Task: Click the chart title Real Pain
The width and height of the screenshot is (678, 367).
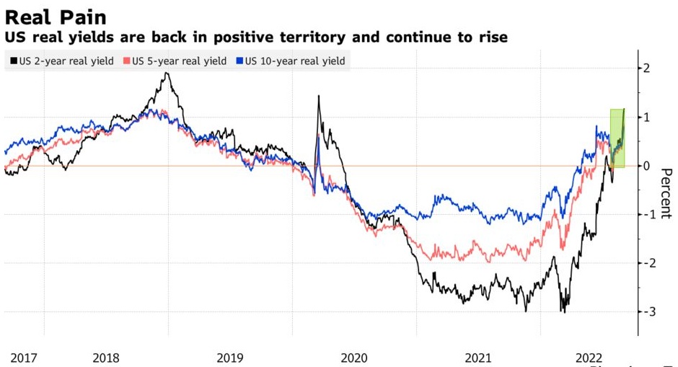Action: point(56,17)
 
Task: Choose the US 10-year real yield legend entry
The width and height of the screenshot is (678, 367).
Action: point(294,61)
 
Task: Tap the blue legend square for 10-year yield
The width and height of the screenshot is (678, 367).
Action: point(240,61)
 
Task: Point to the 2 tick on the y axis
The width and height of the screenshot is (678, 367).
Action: point(646,68)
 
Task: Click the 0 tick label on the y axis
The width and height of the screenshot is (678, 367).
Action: point(646,166)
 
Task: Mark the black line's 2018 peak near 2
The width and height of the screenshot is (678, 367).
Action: point(167,74)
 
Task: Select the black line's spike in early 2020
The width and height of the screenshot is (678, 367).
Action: point(319,97)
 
